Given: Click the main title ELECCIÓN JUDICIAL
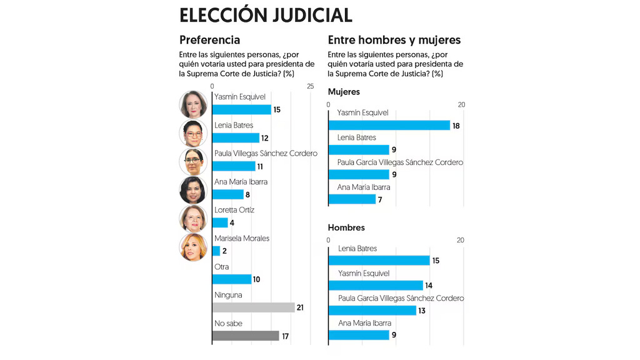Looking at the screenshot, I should (265, 15).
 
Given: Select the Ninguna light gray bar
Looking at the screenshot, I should (253, 307).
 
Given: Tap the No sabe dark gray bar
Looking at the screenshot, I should (246, 336).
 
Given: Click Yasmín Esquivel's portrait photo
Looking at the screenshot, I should (193, 104).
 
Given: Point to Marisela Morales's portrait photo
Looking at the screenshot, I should (193, 247).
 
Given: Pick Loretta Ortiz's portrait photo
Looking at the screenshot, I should (193, 219).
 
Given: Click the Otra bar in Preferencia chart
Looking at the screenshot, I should (232, 279).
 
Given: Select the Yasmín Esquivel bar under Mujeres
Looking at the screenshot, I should (389, 125).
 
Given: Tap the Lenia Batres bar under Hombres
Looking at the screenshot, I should (379, 261).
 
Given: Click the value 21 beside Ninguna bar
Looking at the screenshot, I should (300, 307).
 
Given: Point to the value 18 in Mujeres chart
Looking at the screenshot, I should (456, 126).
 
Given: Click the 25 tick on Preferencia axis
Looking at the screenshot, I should (310, 86).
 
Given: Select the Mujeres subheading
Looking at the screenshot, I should (344, 92).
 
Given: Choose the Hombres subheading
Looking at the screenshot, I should (346, 227).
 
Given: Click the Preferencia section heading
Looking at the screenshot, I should (209, 40).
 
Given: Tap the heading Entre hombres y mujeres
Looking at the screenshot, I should (394, 40).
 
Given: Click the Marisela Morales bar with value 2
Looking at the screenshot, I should (216, 251).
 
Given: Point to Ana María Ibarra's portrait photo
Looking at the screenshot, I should (193, 190).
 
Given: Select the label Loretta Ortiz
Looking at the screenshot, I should (234, 210).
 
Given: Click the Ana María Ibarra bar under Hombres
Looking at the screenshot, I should (359, 335).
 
